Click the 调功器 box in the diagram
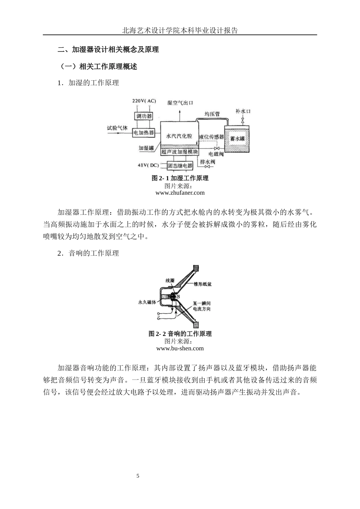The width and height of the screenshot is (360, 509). (144, 116)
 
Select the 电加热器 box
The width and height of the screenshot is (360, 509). (144, 133)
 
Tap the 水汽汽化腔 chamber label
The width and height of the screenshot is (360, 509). (179, 136)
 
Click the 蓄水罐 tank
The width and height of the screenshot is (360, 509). (238, 139)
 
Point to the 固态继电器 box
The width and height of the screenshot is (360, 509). (180, 166)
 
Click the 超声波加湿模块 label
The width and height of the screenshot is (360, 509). (179, 152)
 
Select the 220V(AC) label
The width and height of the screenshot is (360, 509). (144, 101)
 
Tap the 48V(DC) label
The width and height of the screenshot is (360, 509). (148, 166)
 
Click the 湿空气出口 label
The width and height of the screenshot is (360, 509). (180, 103)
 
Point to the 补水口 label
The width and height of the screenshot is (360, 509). (243, 111)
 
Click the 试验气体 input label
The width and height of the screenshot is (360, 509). (117, 128)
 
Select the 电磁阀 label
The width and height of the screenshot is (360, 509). (216, 154)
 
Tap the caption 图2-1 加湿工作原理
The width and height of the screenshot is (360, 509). (180, 178)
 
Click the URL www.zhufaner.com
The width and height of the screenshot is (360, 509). (180, 193)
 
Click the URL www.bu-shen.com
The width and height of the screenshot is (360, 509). (180, 348)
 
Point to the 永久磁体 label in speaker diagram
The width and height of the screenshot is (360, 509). (147, 302)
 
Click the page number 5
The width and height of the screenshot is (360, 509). (138, 476)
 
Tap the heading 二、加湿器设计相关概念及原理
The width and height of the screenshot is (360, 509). (108, 50)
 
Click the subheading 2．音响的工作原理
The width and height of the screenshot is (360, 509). (88, 253)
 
